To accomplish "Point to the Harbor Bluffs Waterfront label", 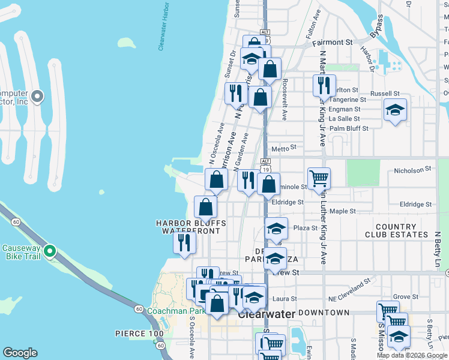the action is click(x=191, y=227).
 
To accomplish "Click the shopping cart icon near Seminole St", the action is click(x=319, y=178).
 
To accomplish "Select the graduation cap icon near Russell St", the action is click(x=395, y=110).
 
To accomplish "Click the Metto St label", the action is click(x=285, y=147).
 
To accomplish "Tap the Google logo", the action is click(x=20, y=353).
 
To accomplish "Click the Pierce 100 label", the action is click(x=139, y=333).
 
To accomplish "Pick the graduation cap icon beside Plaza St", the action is click(x=276, y=228).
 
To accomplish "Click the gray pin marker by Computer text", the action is click(x=37, y=96).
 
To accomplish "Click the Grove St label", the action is click(x=406, y=296).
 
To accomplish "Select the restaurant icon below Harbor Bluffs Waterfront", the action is click(x=184, y=242).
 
